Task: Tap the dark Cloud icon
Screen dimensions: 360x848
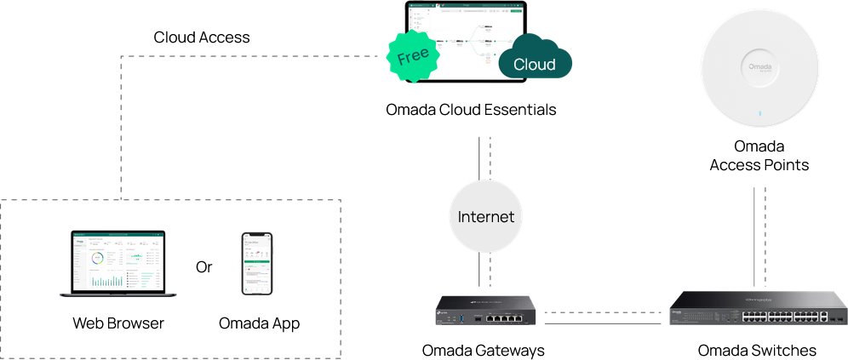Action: coord(535,60)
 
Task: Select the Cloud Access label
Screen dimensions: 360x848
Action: coord(202,37)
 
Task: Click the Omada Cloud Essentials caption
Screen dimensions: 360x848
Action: coord(471,110)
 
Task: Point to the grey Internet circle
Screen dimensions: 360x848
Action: coord(485,216)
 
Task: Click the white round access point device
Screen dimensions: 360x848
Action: coord(759,69)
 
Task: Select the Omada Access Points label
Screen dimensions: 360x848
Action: coord(759,155)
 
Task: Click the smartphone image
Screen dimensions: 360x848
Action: coord(257,264)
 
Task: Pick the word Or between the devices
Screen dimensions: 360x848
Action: coord(203,267)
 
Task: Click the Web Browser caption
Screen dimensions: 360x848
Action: coord(118,323)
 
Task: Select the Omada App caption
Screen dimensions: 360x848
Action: coord(259,323)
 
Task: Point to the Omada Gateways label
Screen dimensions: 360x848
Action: coord(483,351)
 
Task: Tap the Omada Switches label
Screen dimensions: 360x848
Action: coord(757,351)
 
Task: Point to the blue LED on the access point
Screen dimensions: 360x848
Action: coord(759,111)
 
